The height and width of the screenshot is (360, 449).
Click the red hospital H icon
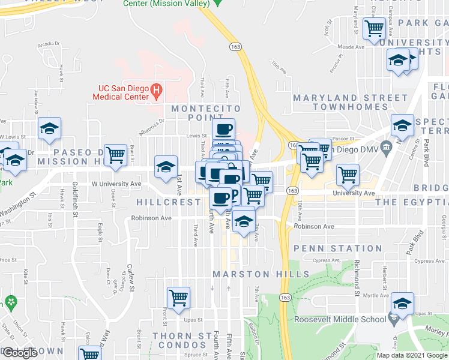(x=156, y=92)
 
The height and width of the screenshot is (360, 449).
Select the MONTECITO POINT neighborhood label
(x=206, y=113)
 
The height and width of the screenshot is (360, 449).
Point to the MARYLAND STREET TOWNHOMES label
(x=350, y=103)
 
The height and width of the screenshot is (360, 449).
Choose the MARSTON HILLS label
(x=261, y=274)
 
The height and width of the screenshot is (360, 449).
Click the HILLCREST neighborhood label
(x=169, y=202)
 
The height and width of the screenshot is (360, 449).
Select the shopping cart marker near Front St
(x=178, y=298)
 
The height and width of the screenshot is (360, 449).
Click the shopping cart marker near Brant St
(x=115, y=155)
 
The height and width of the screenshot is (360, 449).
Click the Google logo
(x=20, y=353)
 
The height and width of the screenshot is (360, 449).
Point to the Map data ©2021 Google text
(x=411, y=355)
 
